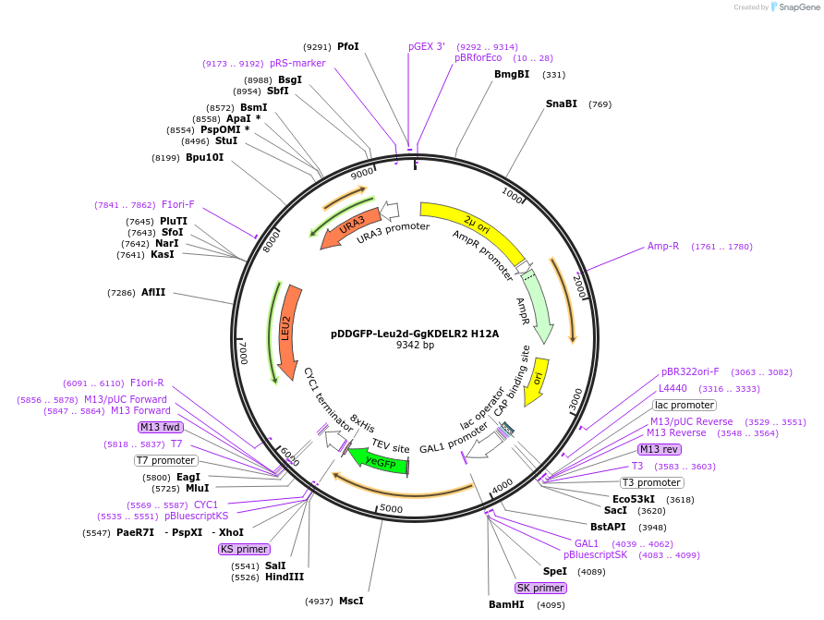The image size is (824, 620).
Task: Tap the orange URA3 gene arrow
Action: click(x=349, y=228)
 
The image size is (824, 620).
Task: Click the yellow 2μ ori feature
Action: click(x=470, y=223)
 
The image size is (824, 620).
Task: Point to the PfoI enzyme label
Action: click(x=348, y=46)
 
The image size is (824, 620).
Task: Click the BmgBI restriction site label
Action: click(x=512, y=75)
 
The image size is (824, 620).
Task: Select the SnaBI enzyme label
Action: click(x=562, y=104)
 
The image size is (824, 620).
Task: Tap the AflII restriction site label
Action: click(x=153, y=293)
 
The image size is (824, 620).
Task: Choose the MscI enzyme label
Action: click(x=351, y=601)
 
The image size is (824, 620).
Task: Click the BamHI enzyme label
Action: click(x=506, y=605)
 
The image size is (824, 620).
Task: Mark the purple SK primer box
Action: click(x=540, y=588)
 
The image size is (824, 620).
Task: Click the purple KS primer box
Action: click(x=244, y=548)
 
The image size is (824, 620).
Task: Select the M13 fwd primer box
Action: click(x=160, y=427)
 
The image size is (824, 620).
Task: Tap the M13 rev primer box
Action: click(x=660, y=449)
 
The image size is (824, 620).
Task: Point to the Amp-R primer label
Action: click(x=663, y=247)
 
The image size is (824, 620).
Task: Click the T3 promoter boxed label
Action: click(x=651, y=482)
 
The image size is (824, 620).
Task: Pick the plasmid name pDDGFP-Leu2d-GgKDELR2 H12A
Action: click(x=415, y=334)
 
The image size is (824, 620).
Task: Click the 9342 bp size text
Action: click(x=415, y=346)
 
